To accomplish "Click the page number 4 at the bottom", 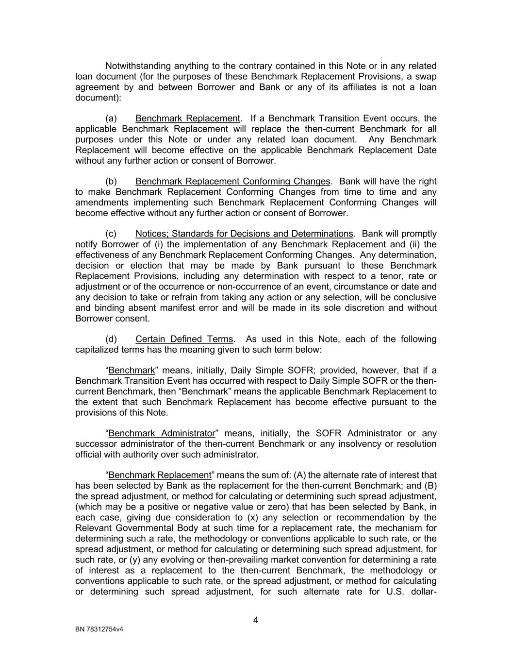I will (256, 620).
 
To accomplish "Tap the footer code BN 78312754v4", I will (99, 629).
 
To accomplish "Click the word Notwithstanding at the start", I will (138, 66).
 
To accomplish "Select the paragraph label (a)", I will (111, 119).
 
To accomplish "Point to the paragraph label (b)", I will (111, 181).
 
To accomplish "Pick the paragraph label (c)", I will (111, 234).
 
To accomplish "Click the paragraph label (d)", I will (111, 339).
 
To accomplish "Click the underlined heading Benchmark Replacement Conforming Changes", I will (232, 181).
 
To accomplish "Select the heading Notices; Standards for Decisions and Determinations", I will (244, 234).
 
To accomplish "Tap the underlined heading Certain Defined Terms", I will (184, 339).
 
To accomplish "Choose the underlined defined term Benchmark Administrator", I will (162, 433).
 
